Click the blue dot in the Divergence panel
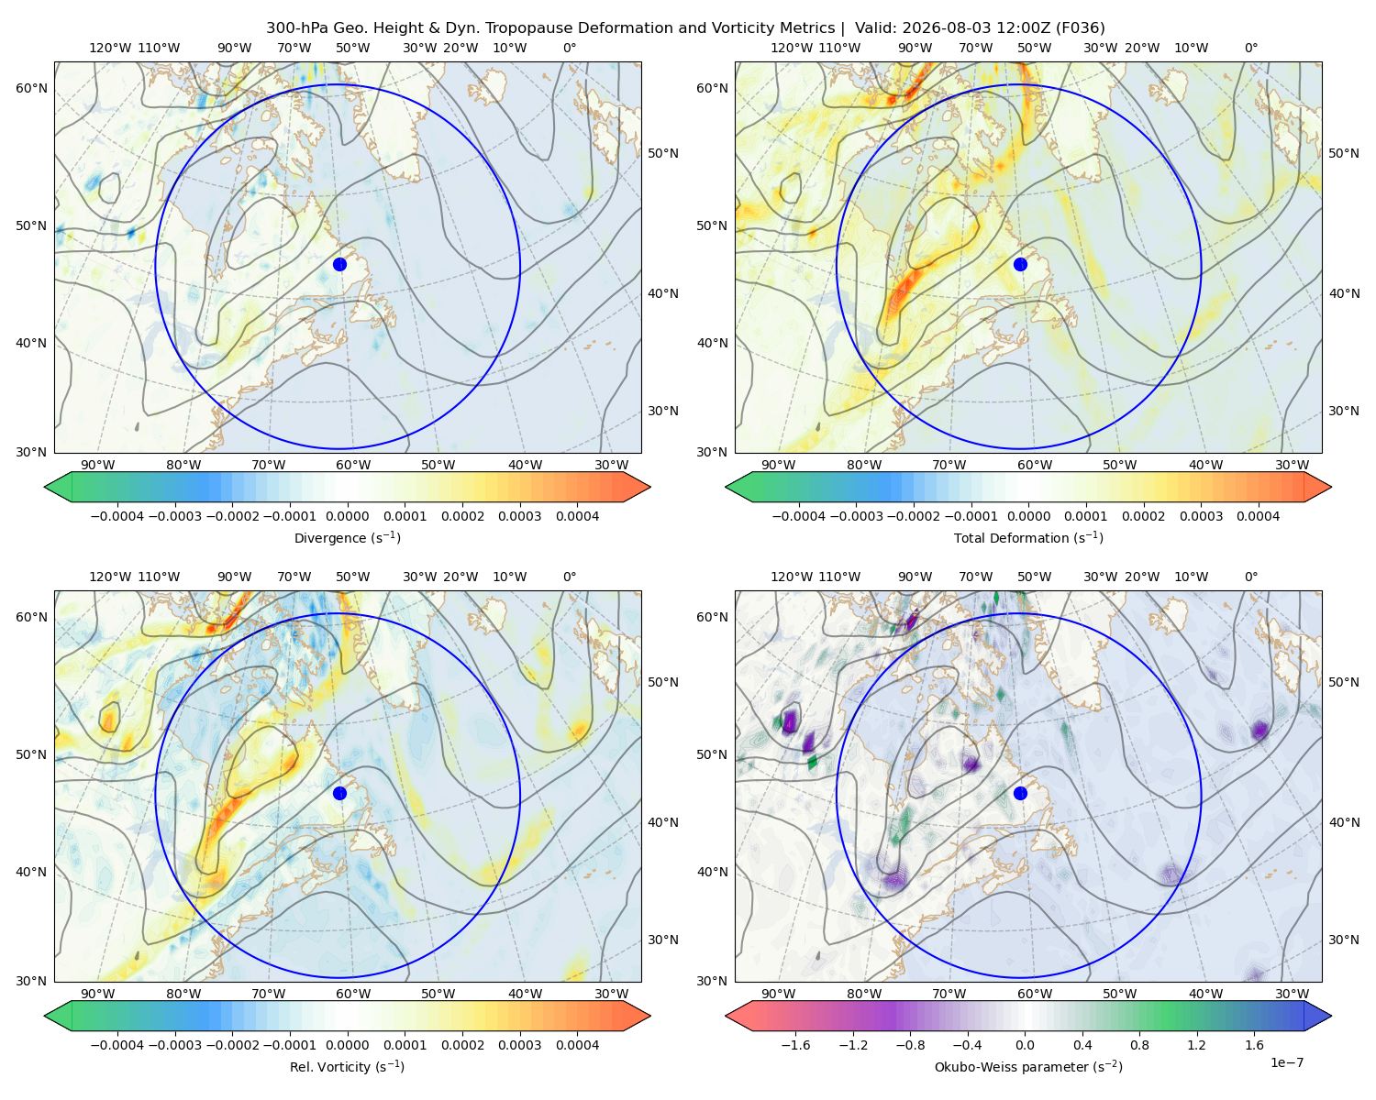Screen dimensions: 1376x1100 point(339,264)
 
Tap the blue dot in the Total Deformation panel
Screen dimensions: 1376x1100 point(1020,264)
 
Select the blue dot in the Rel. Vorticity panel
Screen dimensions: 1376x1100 point(339,793)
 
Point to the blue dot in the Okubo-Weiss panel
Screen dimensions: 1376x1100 point(1020,793)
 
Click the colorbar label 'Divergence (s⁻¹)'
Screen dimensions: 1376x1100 point(347,537)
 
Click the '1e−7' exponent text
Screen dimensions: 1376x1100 point(1286,1062)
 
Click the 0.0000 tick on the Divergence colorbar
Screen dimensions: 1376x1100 point(347,516)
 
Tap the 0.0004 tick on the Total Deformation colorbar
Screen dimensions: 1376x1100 point(1258,516)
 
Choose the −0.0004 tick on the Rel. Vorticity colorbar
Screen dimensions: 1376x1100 point(117,1045)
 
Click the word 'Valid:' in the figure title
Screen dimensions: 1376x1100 point(875,28)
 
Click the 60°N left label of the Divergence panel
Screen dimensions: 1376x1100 point(31,88)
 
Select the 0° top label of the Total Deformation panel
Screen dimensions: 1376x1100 point(1250,48)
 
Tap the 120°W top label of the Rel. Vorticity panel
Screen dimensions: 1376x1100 point(110,577)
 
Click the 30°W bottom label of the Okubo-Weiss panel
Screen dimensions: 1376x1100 point(1292,994)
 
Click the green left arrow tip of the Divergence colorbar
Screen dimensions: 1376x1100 point(45,487)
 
